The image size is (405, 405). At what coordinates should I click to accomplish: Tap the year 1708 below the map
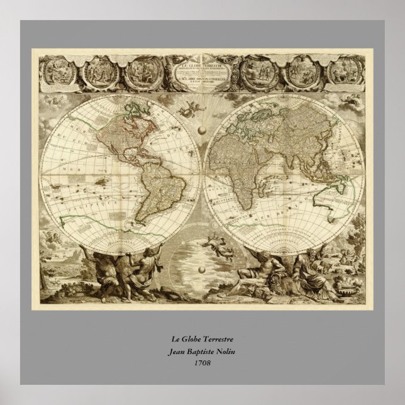click(202, 363)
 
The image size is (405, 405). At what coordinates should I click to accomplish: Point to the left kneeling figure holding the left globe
click(104, 270)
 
